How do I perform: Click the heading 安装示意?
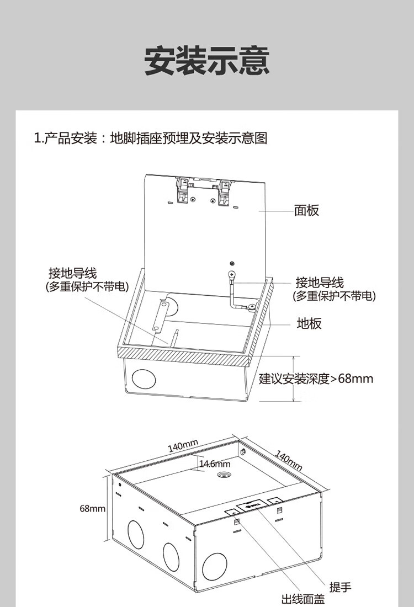coord(207,61)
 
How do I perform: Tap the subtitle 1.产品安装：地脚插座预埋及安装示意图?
coord(151,138)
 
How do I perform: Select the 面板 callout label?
coord(307,210)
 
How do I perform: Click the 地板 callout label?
coord(309,323)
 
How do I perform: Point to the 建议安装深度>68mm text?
coord(316,378)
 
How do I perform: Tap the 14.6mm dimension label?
coord(215,464)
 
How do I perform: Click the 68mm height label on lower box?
coord(93,508)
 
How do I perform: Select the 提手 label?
coord(341,587)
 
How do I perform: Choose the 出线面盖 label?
coord(303,600)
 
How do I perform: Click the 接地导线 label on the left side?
coord(72,273)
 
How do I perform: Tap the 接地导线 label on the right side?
coord(320,283)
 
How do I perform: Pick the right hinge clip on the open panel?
coord(224,193)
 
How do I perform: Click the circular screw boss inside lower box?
coord(223,475)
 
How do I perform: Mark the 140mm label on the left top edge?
coord(183,446)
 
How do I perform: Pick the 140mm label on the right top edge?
coord(289,460)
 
